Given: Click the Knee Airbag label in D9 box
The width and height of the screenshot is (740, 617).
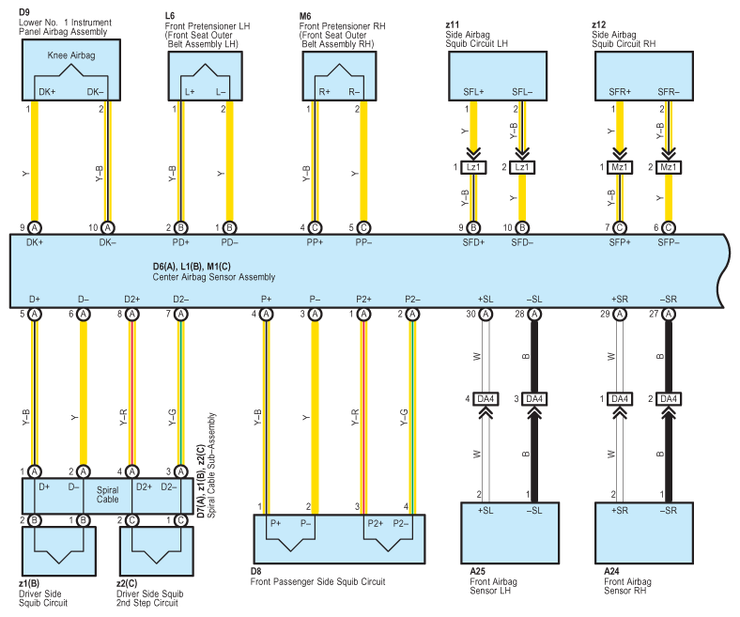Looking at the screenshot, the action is click(71, 55).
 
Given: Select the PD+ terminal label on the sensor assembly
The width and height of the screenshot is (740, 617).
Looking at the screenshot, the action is click(180, 242).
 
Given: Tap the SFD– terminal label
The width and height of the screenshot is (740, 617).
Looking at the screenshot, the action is click(522, 242).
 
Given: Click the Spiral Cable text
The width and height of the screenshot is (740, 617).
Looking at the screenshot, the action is click(108, 495).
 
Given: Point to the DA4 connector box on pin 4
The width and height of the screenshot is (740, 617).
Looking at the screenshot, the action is click(486, 399).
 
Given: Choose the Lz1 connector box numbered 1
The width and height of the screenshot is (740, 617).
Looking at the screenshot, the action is click(473, 167).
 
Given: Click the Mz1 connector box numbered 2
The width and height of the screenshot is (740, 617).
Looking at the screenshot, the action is click(669, 167).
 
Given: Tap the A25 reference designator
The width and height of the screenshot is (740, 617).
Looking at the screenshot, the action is click(477, 571).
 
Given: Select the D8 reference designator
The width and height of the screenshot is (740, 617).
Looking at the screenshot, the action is click(255, 571).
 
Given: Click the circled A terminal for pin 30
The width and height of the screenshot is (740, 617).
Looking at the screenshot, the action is click(486, 315).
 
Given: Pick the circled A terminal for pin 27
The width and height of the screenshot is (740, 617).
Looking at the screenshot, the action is click(669, 315).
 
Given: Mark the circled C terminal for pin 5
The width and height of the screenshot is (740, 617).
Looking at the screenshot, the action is click(363, 228).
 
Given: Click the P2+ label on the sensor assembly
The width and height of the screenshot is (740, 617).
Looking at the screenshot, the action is click(363, 300).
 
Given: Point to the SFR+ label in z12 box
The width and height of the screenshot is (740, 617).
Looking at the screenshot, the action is click(620, 92).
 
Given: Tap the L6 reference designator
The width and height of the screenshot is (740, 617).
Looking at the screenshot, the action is click(170, 16).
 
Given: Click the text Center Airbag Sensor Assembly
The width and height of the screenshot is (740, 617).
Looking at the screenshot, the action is click(214, 277).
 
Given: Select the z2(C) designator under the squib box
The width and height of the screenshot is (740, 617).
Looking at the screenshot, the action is click(127, 583).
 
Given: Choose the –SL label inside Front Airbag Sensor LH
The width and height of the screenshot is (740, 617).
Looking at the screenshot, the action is click(534, 510).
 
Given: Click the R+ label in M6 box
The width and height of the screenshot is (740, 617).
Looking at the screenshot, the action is click(324, 92).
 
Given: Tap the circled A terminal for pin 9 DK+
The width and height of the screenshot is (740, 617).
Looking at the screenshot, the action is click(35, 228).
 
